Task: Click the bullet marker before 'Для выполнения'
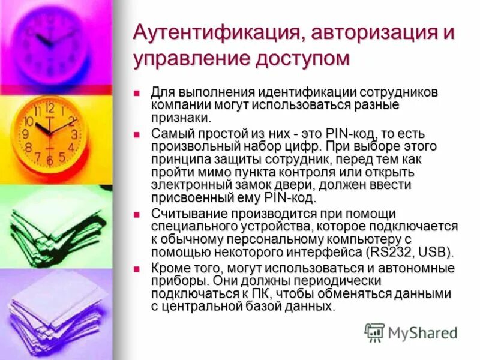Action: click(x=137, y=94)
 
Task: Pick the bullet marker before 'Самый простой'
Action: click(x=137, y=134)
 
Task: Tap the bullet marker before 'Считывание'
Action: click(x=137, y=214)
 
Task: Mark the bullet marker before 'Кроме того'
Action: click(x=137, y=267)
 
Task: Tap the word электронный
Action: click(x=191, y=185)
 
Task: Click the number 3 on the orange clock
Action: click(x=74, y=134)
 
